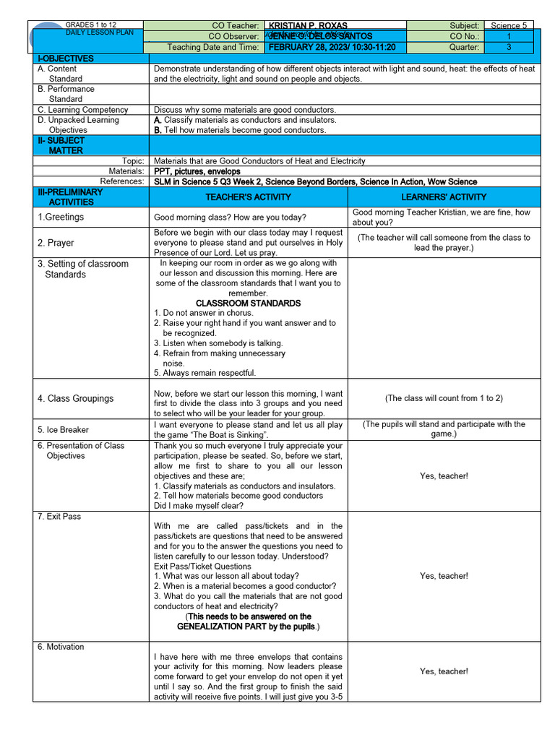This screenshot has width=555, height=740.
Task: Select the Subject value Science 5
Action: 509,25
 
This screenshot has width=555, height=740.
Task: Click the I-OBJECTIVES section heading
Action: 66,59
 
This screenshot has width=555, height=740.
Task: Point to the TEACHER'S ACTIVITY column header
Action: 248,197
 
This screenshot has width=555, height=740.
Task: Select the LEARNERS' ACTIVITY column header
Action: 444,197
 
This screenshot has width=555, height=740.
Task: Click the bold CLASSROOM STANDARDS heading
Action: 248,304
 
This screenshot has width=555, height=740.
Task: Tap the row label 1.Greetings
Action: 61,217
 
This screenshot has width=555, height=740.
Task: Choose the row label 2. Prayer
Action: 56,243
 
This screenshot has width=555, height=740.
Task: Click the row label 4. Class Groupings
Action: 75,398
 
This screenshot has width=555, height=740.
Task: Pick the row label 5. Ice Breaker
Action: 63,429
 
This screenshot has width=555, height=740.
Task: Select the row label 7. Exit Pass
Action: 59,517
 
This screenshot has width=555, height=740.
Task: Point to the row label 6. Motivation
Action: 61,647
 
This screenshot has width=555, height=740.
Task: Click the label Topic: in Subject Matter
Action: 134,161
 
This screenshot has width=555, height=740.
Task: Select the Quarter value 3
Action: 509,47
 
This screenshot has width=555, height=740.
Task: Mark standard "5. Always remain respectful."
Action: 205,374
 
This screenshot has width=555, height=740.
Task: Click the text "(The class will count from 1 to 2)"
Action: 444,398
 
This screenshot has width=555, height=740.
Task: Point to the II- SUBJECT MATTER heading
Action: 61,145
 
